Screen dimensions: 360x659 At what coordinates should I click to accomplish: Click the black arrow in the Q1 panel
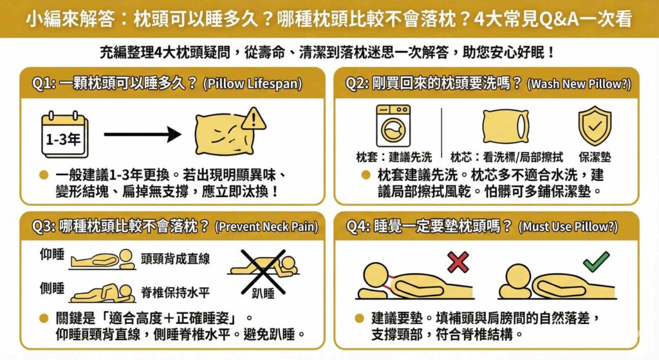coord(142,135)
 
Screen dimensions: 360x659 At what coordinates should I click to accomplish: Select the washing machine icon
coord(393,126)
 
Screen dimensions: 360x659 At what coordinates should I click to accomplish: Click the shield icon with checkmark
coord(594,126)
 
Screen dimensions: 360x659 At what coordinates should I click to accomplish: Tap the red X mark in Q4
coord(458,262)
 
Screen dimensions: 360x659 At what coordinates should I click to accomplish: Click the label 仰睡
coord(52,256)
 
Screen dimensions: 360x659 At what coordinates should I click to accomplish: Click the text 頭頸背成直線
coord(175,258)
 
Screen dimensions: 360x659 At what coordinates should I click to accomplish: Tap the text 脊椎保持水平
coord(175,292)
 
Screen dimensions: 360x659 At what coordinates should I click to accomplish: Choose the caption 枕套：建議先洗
coord(394,156)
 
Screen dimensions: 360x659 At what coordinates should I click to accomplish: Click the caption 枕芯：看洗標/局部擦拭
coord(506,156)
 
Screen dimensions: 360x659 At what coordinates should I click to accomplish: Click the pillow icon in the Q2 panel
coord(506,126)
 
